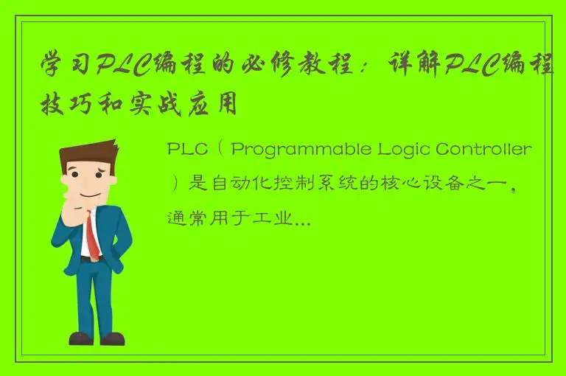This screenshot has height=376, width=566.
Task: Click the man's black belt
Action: (91, 259)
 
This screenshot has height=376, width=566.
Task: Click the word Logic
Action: (406, 150)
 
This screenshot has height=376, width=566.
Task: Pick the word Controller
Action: (483, 150)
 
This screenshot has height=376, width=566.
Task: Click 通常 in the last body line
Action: (187, 217)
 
